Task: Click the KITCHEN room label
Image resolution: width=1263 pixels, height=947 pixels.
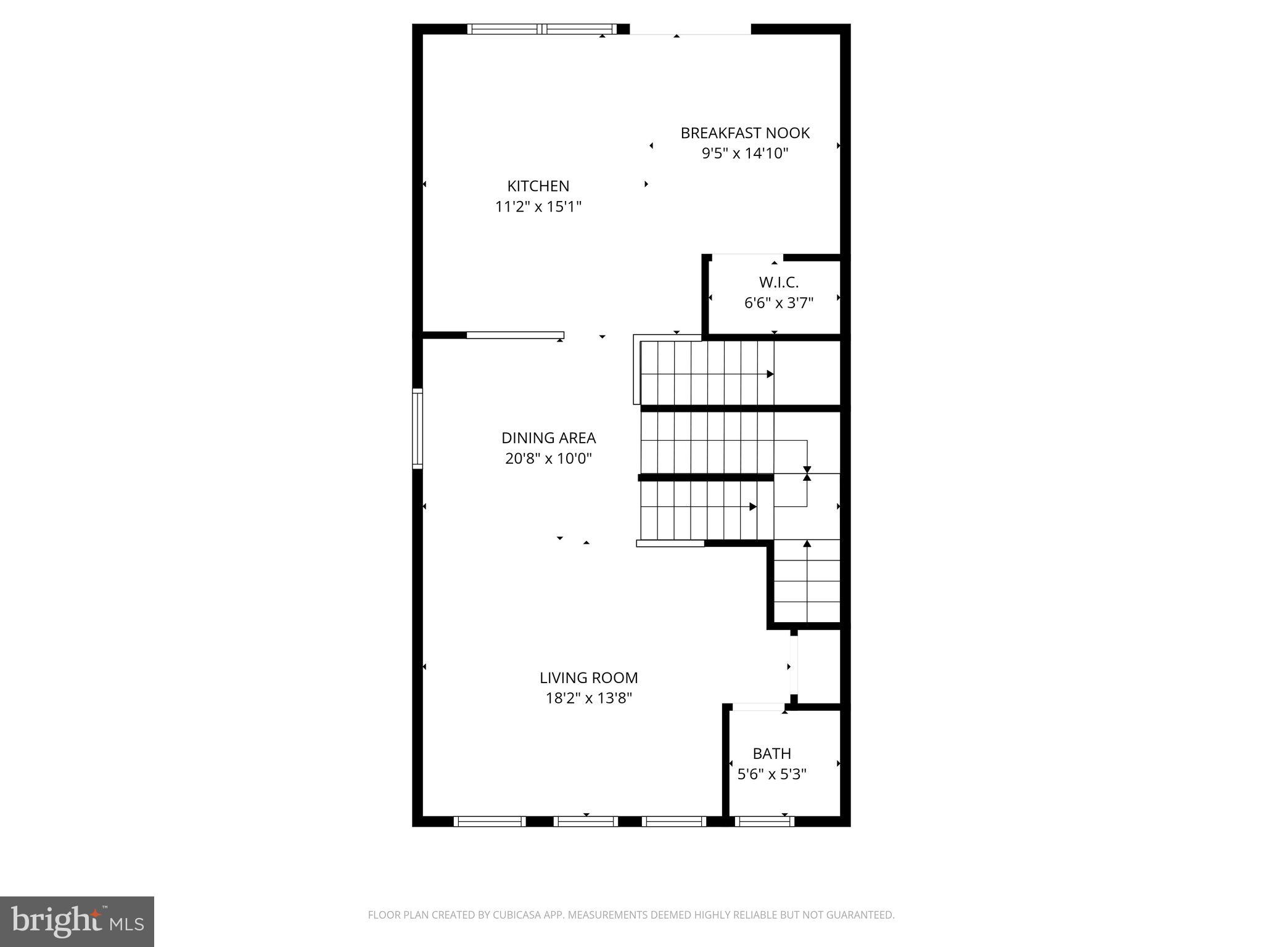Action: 538,186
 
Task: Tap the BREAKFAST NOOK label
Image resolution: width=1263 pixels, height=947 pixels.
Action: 745,133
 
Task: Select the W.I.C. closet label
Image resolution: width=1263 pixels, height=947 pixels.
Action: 778,282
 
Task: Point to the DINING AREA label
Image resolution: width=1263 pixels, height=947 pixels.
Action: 548,438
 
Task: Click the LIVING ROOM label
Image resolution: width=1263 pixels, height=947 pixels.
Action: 588,678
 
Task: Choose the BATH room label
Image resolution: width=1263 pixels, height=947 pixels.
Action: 771,753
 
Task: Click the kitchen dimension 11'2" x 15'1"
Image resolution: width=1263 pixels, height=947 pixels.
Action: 538,207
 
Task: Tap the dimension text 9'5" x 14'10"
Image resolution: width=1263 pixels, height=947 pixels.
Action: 745,154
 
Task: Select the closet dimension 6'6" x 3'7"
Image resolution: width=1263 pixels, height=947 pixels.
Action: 778,303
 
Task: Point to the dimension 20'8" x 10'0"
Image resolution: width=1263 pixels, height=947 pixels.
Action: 548,459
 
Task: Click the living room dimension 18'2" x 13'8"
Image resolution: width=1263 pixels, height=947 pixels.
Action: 588,699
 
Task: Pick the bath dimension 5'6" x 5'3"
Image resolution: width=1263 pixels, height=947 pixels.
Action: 771,774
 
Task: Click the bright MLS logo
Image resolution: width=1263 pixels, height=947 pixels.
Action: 77,922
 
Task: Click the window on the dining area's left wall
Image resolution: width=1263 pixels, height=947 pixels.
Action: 418,428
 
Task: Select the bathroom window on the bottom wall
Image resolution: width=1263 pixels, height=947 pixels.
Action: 764,821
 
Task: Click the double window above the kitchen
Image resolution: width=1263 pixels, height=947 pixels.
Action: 541,29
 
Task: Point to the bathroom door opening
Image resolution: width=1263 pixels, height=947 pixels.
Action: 757,707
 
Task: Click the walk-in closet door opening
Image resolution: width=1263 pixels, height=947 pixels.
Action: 747,256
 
